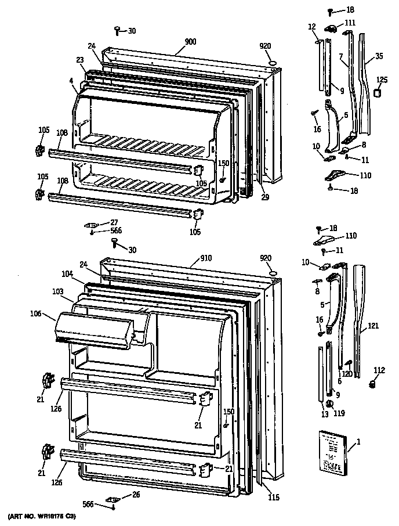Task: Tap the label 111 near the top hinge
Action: pyautogui.click(x=350, y=23)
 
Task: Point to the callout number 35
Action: pyautogui.click(x=379, y=56)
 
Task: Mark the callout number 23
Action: pyautogui.click(x=79, y=60)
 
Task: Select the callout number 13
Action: pyautogui.click(x=324, y=415)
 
